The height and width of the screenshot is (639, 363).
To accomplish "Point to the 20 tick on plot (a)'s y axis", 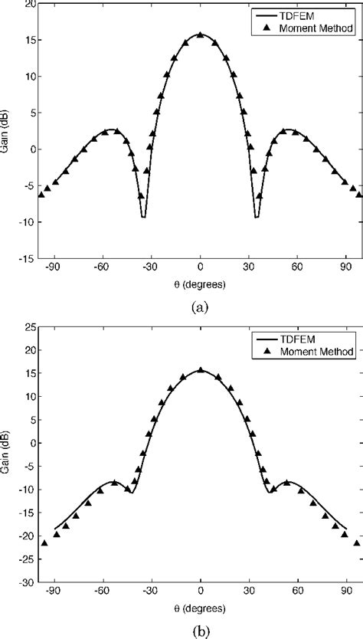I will pyautogui.click(x=28, y=4).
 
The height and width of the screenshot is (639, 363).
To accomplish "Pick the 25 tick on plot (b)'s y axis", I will pyautogui.click(x=28, y=327).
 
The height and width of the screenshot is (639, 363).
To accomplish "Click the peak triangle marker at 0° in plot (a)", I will pyautogui.click(x=201, y=35).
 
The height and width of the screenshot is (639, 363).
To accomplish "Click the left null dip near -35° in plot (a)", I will pyautogui.click(x=143, y=217).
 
